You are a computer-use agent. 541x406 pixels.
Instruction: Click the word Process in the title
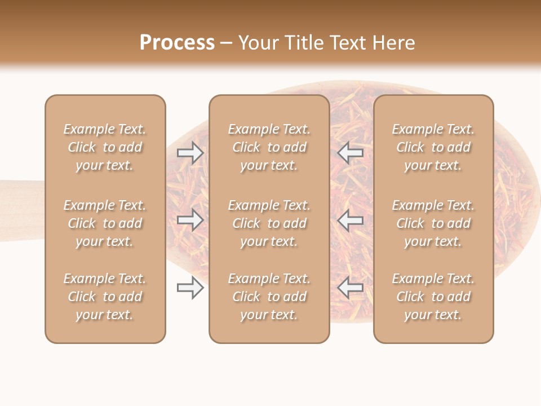[x=177, y=43]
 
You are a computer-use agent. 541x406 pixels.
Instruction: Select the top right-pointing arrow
[x=190, y=153]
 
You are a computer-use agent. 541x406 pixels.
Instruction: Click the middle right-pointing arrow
[x=190, y=220]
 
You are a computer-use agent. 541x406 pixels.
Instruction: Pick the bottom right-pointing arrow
[x=190, y=288]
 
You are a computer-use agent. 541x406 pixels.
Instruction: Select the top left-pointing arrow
[x=350, y=153]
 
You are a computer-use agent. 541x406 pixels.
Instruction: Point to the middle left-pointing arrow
[x=350, y=220]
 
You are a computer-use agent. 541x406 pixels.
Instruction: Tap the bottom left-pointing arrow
[x=350, y=288]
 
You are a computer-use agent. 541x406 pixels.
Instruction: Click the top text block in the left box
[x=105, y=147]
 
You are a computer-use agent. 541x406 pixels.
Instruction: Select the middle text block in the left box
[x=105, y=223]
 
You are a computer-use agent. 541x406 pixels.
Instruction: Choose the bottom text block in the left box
[x=105, y=297]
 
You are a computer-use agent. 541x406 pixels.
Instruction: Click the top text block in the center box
[x=269, y=147]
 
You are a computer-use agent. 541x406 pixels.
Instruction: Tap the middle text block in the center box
[x=269, y=223]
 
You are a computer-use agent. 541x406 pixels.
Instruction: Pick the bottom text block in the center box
[x=269, y=297]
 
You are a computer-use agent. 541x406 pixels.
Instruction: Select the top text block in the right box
[x=433, y=147]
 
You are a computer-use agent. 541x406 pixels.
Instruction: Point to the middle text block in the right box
[x=433, y=223]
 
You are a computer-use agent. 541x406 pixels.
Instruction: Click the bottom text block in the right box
[x=433, y=297]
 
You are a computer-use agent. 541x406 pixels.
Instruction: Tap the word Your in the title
[x=259, y=43]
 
